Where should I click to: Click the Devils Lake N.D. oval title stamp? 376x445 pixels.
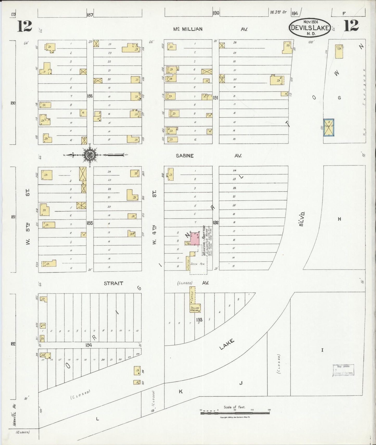pos(310,27)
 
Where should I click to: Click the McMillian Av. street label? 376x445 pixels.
pos(188,29)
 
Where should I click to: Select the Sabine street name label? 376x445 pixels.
pos(184,156)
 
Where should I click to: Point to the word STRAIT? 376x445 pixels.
pos(113,283)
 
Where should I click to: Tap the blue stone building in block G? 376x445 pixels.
pos(329,128)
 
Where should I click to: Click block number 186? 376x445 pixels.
pos(90,96)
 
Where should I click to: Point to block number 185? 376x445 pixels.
pos(90,223)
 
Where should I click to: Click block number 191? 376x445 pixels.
pos(215,98)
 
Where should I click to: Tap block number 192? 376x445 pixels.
pos(216,222)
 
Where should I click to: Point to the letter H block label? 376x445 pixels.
pos(339,219)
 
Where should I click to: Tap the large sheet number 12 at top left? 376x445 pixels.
pos(24,26)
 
